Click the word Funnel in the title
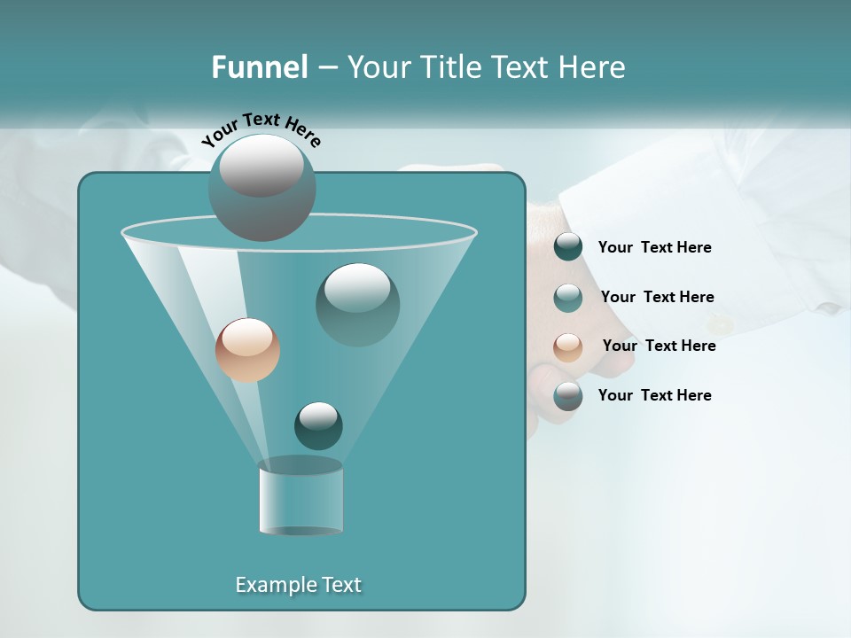pyautogui.click(x=259, y=67)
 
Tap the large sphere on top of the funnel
pyautogui.click(x=262, y=187)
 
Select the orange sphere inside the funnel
pyautogui.click(x=247, y=351)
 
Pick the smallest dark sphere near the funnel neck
pyautogui.click(x=318, y=425)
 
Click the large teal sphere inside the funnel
pyautogui.click(x=357, y=304)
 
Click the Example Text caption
pyautogui.click(x=298, y=585)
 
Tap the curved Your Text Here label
pyautogui.click(x=261, y=129)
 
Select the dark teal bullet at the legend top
pyautogui.click(x=568, y=247)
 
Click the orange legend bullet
pyautogui.click(x=568, y=346)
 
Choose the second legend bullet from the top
pyautogui.click(x=568, y=297)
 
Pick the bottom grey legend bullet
pyautogui.click(x=568, y=396)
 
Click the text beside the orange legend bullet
pyautogui.click(x=659, y=346)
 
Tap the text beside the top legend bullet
pyautogui.click(x=654, y=247)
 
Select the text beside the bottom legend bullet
pyautogui.click(x=654, y=395)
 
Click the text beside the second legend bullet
pyautogui.click(x=657, y=297)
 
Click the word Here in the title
pyautogui.click(x=592, y=67)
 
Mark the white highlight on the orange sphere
pyautogui.click(x=247, y=337)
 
